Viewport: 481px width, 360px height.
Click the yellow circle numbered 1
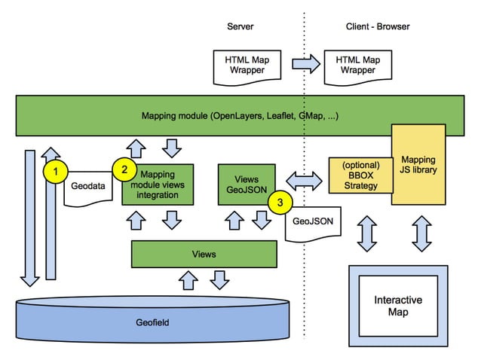[56, 172]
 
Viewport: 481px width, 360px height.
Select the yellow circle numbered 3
[280, 202]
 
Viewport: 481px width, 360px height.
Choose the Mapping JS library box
[418, 165]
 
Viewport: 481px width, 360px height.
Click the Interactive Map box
[397, 305]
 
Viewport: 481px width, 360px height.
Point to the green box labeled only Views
[203, 254]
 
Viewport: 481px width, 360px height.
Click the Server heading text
[240, 26]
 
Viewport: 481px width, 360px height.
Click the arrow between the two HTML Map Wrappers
[305, 64]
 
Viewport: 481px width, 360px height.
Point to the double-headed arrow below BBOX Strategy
[366, 233]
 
